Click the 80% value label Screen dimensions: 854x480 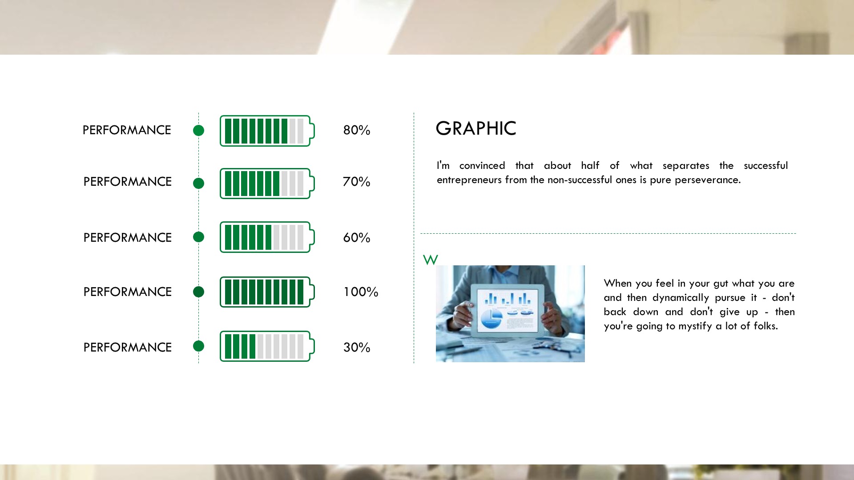pyautogui.click(x=356, y=130)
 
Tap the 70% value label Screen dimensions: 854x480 pyautogui.click(x=356, y=182)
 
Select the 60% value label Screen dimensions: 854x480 pyautogui.click(x=356, y=238)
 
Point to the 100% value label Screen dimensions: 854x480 pyautogui.click(x=361, y=292)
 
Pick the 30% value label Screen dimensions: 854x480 pyautogui.click(x=356, y=348)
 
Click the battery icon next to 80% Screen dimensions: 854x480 pyautogui.click(x=267, y=131)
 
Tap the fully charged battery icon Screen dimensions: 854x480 pyautogui.click(x=267, y=292)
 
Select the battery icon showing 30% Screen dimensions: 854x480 pyautogui.click(x=267, y=346)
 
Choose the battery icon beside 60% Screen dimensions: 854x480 pyautogui.click(x=267, y=237)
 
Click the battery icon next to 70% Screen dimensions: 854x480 pyautogui.click(x=267, y=184)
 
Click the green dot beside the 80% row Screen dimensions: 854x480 pyautogui.click(x=198, y=130)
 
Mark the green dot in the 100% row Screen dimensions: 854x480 pyautogui.click(x=198, y=292)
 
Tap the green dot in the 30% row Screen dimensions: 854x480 pyautogui.click(x=198, y=346)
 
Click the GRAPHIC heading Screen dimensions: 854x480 pyautogui.click(x=476, y=128)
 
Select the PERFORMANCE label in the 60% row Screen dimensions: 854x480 pyautogui.click(x=127, y=238)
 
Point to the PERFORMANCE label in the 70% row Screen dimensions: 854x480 pyautogui.click(x=127, y=182)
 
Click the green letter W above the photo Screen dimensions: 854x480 pyautogui.click(x=430, y=260)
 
